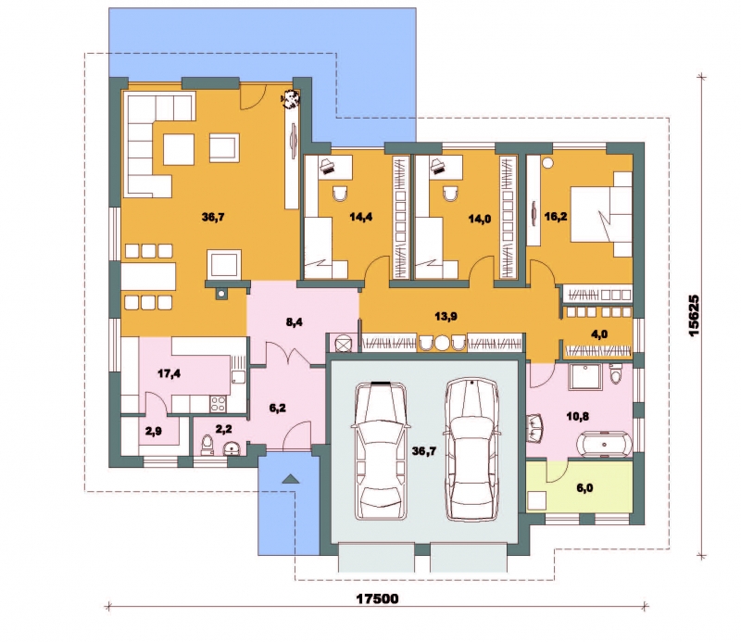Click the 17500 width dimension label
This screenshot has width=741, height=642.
pos(377,599)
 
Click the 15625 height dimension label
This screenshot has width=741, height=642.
pos(694,315)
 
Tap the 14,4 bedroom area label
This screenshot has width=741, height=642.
pos(361,217)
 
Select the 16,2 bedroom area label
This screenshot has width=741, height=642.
pos(556,217)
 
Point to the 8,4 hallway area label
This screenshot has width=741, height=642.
pos(294,322)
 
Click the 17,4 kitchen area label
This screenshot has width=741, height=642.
pos(169,374)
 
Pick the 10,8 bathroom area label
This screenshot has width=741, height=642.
pos(577,417)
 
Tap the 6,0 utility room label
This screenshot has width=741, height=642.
pos(584,488)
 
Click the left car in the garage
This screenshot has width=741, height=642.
pos(381,450)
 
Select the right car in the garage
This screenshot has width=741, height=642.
pos(472,449)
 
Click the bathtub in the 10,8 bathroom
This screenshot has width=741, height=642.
pos(605,445)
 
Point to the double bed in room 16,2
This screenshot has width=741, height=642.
pos(601,214)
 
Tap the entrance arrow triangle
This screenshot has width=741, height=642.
pos(291,478)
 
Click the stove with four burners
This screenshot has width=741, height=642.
pos(218,403)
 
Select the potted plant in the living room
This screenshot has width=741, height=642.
pos(290,98)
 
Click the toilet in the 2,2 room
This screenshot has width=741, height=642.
pos(207,446)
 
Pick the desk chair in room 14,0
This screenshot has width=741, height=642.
pos(451,194)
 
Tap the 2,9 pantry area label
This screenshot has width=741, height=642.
pos(154,431)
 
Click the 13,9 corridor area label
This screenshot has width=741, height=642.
pos(446,316)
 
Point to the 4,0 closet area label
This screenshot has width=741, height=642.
pos(599,334)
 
